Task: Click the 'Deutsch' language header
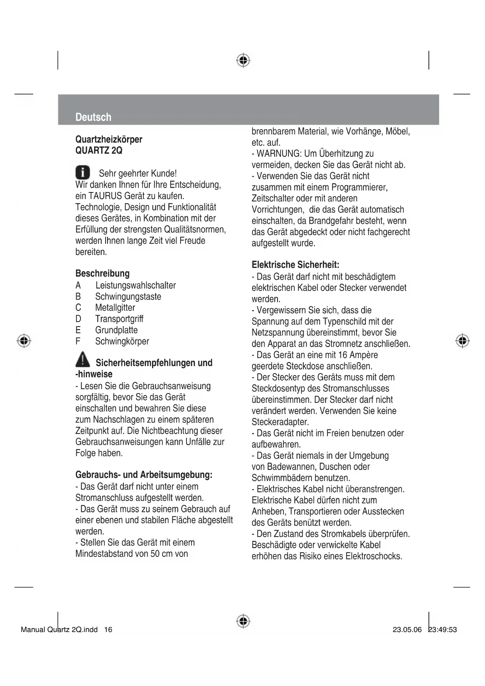pyautogui.click(x=93, y=117)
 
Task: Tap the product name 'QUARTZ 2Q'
pyautogui.click(x=98, y=151)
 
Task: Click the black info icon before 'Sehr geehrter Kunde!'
pyautogui.click(x=82, y=172)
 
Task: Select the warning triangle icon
pyautogui.click(x=82, y=359)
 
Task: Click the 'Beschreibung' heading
pyautogui.click(x=102, y=273)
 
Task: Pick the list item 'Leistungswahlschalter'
pyautogui.click(x=135, y=285)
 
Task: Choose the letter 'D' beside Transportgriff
pyautogui.click(x=78, y=319)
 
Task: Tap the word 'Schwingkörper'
pyautogui.click(x=122, y=341)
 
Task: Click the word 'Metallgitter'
pyautogui.click(x=115, y=307)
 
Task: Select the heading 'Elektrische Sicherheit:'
pyautogui.click(x=295, y=265)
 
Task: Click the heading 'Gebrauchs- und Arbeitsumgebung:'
pyautogui.click(x=144, y=475)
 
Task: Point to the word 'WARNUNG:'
pyautogui.click(x=279, y=153)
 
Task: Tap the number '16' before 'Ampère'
pyautogui.click(x=343, y=355)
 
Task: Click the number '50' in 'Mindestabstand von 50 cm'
pyautogui.click(x=155, y=554)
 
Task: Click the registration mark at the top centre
pyautogui.click(x=243, y=60)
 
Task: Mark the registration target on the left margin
pyautogui.click(x=24, y=340)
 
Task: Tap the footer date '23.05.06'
pyautogui.click(x=407, y=630)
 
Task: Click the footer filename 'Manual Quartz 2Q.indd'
pyautogui.click(x=59, y=630)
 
